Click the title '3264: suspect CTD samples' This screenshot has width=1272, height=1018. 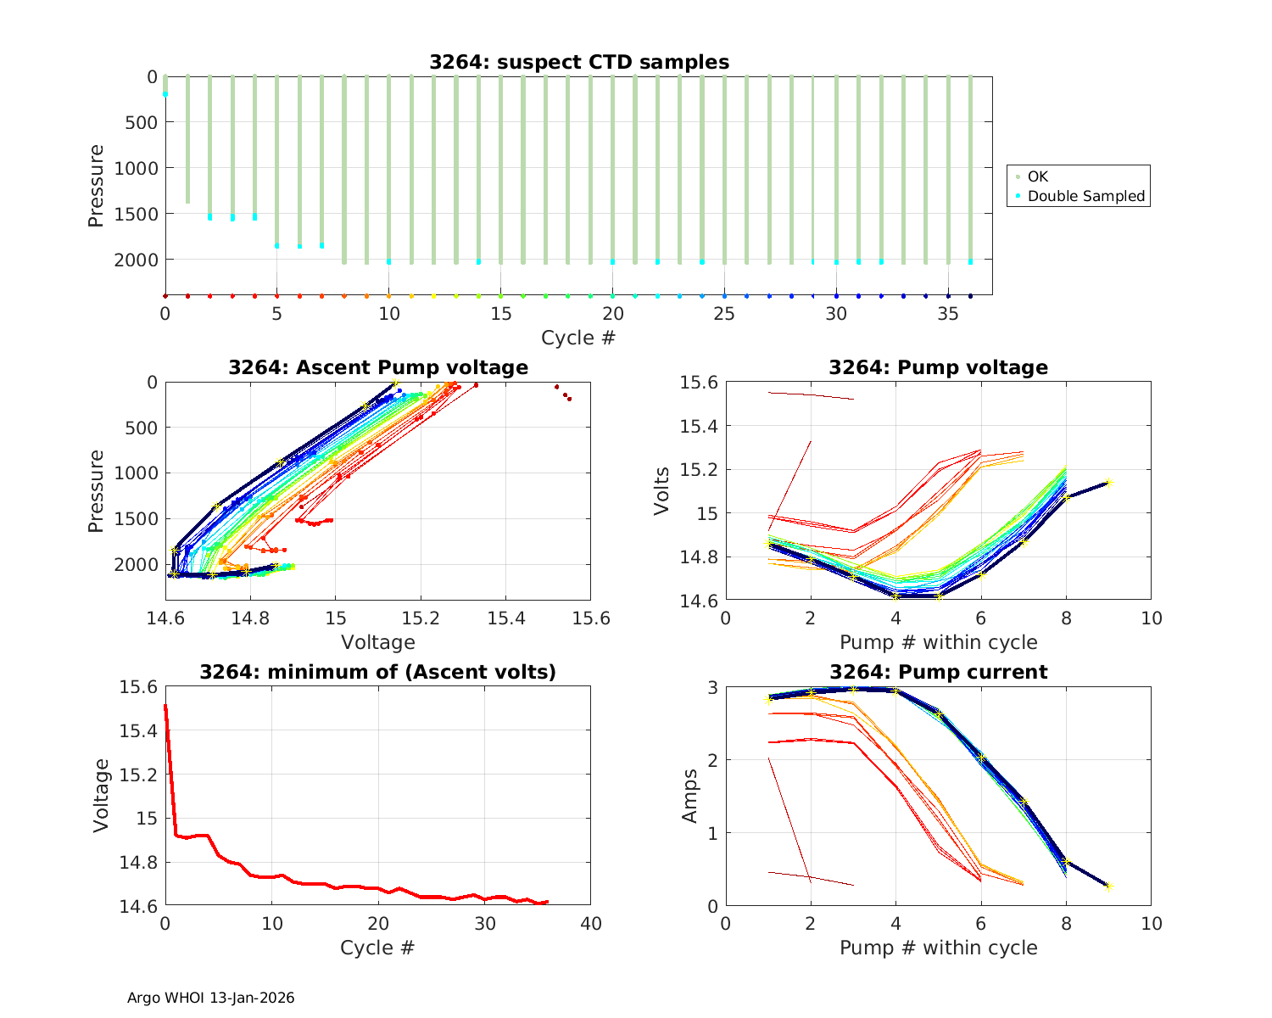[x=578, y=62]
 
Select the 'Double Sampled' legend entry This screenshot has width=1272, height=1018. [x=1085, y=196]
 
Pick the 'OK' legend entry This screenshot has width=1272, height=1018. [x=1037, y=176]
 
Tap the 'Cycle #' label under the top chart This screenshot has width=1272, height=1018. [x=578, y=338]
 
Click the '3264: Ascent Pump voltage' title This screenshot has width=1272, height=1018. [x=378, y=367]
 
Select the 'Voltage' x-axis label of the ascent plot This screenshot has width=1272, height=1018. [x=378, y=642]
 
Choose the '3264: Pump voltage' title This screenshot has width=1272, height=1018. [x=938, y=367]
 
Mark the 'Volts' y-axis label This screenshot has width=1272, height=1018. [x=662, y=491]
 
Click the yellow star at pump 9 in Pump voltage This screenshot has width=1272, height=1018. [x=1109, y=482]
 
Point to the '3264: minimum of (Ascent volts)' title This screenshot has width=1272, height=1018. [x=378, y=672]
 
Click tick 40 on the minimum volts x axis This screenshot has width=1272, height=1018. [x=590, y=923]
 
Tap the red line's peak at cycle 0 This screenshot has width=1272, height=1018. [x=165, y=705]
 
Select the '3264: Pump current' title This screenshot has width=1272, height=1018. [x=938, y=672]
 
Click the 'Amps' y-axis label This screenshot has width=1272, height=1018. [x=690, y=796]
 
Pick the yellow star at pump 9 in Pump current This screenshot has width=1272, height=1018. [x=1109, y=887]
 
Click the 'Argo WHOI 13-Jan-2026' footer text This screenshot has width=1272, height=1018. [x=210, y=998]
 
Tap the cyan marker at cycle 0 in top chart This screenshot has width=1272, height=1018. [x=165, y=94]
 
